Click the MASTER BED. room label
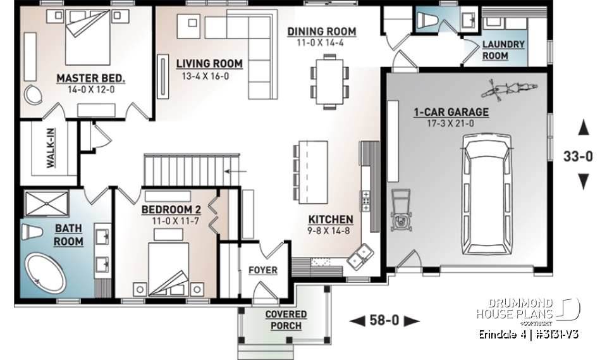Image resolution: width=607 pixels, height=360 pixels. (x=91, y=78)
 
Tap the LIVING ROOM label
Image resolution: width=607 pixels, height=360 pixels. (x=209, y=63)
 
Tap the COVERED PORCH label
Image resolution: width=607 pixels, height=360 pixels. (x=286, y=320)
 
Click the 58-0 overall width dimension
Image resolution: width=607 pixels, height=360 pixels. (x=384, y=321)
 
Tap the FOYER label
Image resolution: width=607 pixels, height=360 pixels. (x=262, y=270)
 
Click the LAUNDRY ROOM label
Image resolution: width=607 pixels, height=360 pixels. (x=503, y=50)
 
